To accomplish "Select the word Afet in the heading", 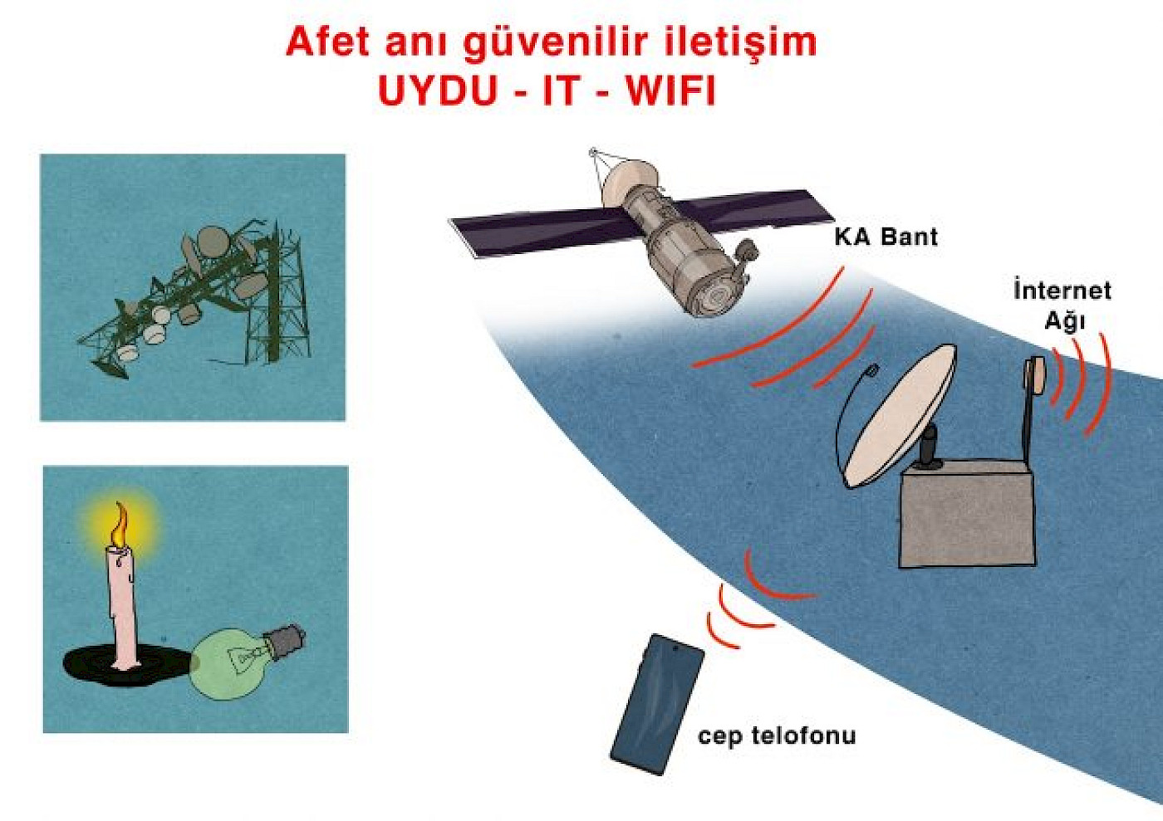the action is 327,42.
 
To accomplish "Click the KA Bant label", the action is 886,237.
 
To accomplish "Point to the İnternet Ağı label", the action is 1062,305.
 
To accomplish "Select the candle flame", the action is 120,525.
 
